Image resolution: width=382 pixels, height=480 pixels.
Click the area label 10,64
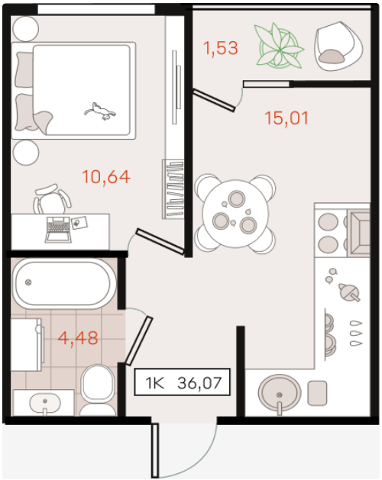[106, 177]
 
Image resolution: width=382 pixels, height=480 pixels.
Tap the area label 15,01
[286, 118]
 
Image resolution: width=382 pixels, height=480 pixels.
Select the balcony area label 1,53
[221, 48]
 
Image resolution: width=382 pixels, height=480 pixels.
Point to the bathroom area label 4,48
[78, 338]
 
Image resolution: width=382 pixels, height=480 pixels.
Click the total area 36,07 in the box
[199, 382]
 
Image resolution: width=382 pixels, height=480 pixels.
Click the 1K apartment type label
[155, 383]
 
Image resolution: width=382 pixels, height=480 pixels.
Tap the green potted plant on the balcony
[279, 46]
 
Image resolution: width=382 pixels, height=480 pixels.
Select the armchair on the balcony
[338, 46]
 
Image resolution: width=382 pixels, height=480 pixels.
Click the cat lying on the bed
[100, 111]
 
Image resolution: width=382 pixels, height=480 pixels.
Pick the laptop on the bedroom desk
[58, 230]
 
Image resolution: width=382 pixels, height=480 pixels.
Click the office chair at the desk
[53, 199]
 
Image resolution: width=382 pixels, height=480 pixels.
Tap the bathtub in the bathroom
[63, 283]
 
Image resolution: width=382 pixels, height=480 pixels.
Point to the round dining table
[235, 214]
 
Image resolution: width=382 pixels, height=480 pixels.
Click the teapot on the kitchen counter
[348, 292]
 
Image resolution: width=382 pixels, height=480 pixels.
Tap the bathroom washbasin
[45, 404]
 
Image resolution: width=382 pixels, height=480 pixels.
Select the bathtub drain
[28, 282]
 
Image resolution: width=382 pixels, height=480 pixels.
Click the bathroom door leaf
[139, 340]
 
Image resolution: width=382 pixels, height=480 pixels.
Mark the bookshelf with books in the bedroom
[173, 189]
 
